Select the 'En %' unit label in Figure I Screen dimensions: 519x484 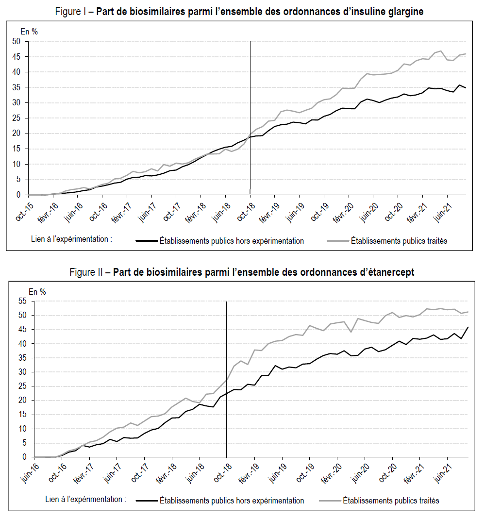[29, 32]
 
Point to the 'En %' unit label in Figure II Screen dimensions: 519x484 [37, 292]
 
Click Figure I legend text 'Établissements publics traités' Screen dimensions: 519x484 [399, 241]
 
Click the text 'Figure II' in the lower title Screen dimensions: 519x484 [85, 272]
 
